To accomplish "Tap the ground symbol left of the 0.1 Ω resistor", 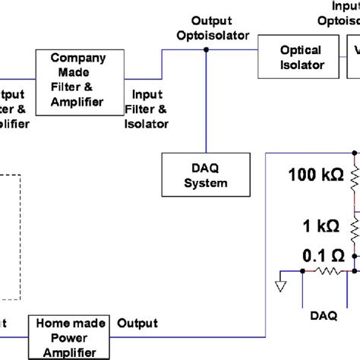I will tap(281, 286).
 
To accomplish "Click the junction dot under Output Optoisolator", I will tap(206, 50).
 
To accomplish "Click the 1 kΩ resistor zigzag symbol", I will tap(355, 226).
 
